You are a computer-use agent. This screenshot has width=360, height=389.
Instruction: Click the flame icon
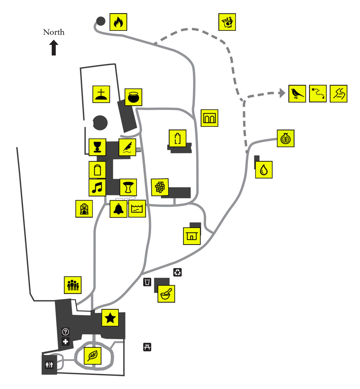pyautogui.click(x=118, y=22)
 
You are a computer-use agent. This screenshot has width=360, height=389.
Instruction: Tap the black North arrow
pyautogui.click(x=54, y=48)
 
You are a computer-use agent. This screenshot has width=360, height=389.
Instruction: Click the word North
pyautogui.click(x=54, y=32)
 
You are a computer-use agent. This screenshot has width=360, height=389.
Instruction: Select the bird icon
pyautogui.click(x=297, y=93)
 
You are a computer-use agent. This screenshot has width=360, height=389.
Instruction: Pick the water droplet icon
pyautogui.click(x=264, y=170)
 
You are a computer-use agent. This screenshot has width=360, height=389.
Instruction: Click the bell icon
pyautogui.click(x=118, y=209)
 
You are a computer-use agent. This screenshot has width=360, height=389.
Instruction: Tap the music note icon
pyautogui.click(x=97, y=187)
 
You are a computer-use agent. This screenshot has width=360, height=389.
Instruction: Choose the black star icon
pyautogui.click(x=110, y=318)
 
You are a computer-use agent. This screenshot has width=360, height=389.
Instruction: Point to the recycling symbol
pyautogui.click(x=178, y=272)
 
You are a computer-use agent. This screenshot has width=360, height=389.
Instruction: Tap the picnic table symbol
pyautogui.click(x=147, y=347)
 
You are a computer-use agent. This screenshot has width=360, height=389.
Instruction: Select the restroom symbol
pyautogui.click(x=49, y=365)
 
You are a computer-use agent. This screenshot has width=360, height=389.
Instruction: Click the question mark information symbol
pyautogui.click(x=66, y=332)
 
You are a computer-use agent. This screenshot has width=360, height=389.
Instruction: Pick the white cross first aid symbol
pyautogui.click(x=66, y=341)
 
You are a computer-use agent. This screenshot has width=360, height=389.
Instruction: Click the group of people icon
pyautogui.click(x=73, y=285)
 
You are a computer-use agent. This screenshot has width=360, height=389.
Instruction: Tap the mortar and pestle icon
pyautogui.click(x=166, y=294)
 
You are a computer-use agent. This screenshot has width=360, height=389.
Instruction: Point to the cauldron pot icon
pyautogui.click(x=133, y=97)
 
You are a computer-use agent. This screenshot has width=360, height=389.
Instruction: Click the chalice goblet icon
pyautogui.click(x=97, y=147)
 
